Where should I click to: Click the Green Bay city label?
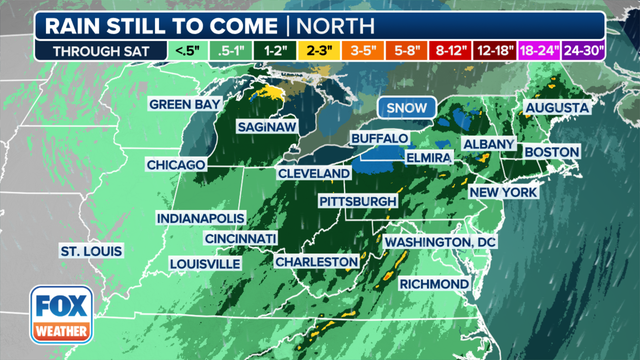(182, 104)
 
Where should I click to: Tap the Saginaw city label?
(264, 128)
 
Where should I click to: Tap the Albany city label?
(489, 144)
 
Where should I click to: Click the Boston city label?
(552, 151)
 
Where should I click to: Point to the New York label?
(505, 192)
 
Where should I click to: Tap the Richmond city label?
(434, 284)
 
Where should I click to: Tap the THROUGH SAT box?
(92, 50)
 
